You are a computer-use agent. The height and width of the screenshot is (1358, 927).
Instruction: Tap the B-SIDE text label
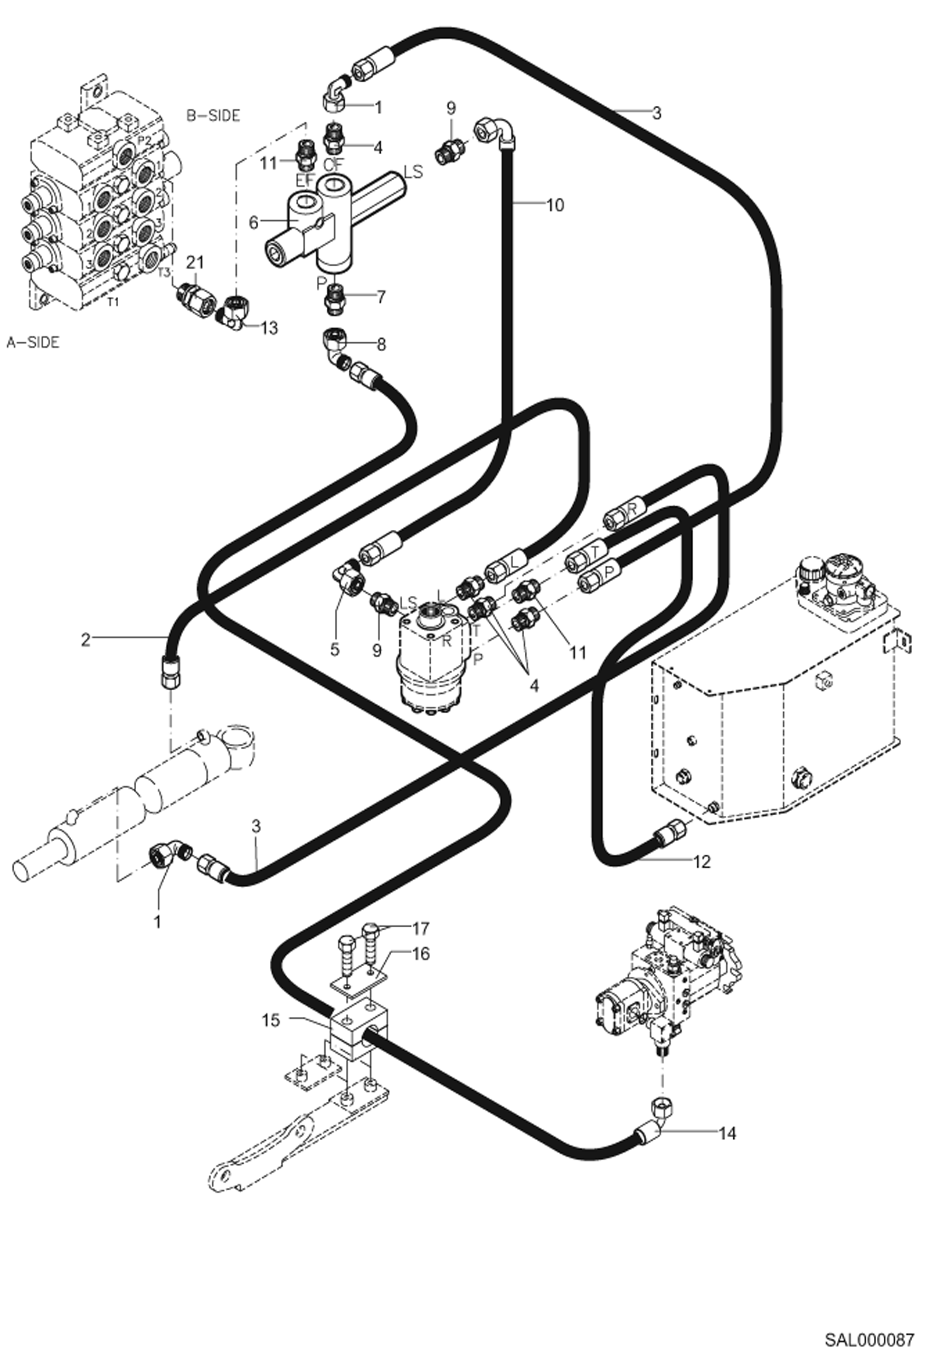pyautogui.click(x=213, y=116)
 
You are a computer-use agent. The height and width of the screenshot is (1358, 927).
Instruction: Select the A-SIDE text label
pyautogui.click(x=33, y=342)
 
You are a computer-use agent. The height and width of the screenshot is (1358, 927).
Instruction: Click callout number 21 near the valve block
pyautogui.click(x=195, y=262)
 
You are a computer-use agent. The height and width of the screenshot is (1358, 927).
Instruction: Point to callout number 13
pyautogui.click(x=269, y=327)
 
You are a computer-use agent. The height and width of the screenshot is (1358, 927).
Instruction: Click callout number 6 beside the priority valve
pyautogui.click(x=253, y=223)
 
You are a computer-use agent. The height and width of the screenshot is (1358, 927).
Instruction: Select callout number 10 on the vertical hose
pyautogui.click(x=555, y=205)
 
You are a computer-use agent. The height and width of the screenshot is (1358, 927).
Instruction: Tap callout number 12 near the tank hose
pyautogui.click(x=702, y=861)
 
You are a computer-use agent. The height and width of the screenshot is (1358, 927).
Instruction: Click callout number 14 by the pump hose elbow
pyautogui.click(x=727, y=1133)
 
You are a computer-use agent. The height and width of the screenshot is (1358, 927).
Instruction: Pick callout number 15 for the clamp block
pyautogui.click(x=271, y=1019)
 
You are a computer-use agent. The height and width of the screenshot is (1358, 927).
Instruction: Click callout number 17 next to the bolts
pyautogui.click(x=421, y=928)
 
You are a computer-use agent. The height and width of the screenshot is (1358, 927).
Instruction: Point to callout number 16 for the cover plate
pyautogui.click(x=420, y=954)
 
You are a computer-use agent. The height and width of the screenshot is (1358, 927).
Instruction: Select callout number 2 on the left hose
pyautogui.click(x=86, y=639)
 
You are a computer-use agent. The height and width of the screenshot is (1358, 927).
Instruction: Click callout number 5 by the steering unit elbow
pyautogui.click(x=335, y=650)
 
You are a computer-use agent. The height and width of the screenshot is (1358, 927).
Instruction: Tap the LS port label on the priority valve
pyautogui.click(x=413, y=171)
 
